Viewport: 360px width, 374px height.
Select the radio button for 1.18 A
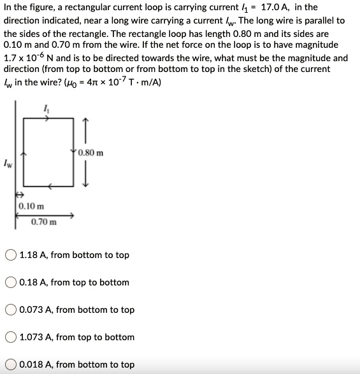(x=11, y=255)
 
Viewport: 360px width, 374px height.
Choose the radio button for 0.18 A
(x=11, y=283)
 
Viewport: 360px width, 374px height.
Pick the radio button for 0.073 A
(x=11, y=310)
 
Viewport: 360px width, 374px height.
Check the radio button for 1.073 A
(x=11, y=338)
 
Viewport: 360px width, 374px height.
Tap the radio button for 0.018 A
(x=11, y=365)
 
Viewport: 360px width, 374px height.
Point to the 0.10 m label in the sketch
(x=31, y=206)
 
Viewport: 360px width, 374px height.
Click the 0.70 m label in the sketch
(x=44, y=222)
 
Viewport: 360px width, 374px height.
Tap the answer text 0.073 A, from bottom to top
(x=77, y=310)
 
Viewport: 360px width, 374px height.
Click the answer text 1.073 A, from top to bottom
(x=77, y=338)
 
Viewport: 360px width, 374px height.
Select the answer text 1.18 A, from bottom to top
(x=75, y=255)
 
